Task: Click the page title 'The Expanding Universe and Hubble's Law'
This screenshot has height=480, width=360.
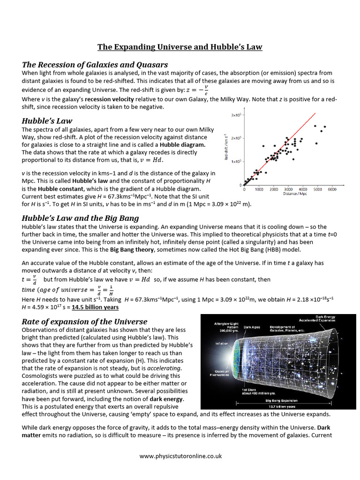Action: coord(180,47)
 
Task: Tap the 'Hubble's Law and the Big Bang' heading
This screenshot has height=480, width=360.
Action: coord(81,218)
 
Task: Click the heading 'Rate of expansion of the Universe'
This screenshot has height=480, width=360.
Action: coord(85,322)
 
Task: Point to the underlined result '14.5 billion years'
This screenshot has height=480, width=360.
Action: coord(94,307)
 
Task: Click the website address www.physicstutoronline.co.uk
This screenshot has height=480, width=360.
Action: coord(180,456)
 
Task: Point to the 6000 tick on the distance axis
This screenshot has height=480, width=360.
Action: coord(332,189)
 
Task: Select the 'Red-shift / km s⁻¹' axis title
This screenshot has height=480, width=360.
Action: coord(227,148)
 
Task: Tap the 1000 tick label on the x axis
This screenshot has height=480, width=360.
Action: coord(259,189)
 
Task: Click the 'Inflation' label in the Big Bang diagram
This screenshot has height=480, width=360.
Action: coord(222,343)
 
